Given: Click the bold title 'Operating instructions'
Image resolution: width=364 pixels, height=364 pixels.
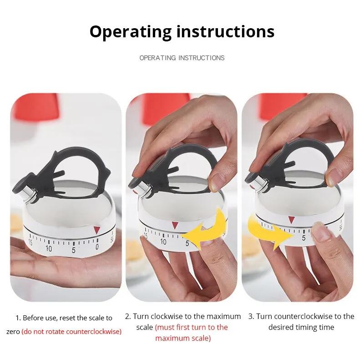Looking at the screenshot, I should point(182,31).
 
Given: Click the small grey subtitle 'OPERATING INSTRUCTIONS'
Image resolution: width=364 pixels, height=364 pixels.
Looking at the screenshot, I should point(182,58).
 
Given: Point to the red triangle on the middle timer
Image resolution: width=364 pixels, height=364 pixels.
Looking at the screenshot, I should point(175,225).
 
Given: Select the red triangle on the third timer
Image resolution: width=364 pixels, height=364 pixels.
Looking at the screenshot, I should point(291,220).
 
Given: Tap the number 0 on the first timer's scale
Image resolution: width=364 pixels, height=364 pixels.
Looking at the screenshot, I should point(96,247).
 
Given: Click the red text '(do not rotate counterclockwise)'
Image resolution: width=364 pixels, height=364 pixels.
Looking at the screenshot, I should point(71,331).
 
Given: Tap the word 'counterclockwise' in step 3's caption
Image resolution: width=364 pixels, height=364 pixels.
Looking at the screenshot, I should point(309,316).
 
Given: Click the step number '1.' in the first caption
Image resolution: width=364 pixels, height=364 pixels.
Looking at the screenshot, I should point(18,318).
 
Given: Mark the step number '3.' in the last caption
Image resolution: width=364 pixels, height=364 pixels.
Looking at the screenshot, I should point(251,316).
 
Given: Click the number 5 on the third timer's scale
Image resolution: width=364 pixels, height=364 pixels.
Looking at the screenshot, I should point(303,236).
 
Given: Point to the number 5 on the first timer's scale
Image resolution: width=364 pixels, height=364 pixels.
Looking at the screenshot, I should point(73,249).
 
